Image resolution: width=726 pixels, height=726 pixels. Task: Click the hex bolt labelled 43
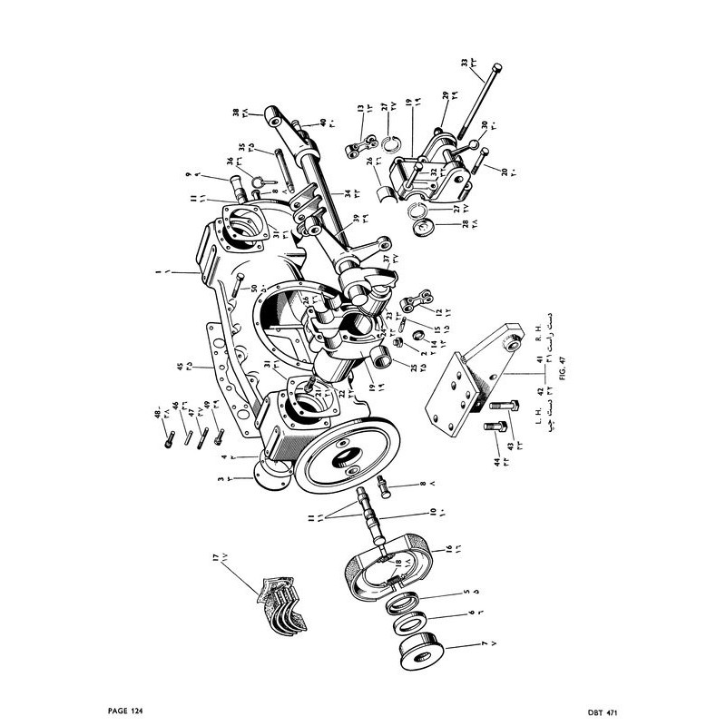[501, 417]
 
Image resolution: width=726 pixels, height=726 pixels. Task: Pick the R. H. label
[538, 324]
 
